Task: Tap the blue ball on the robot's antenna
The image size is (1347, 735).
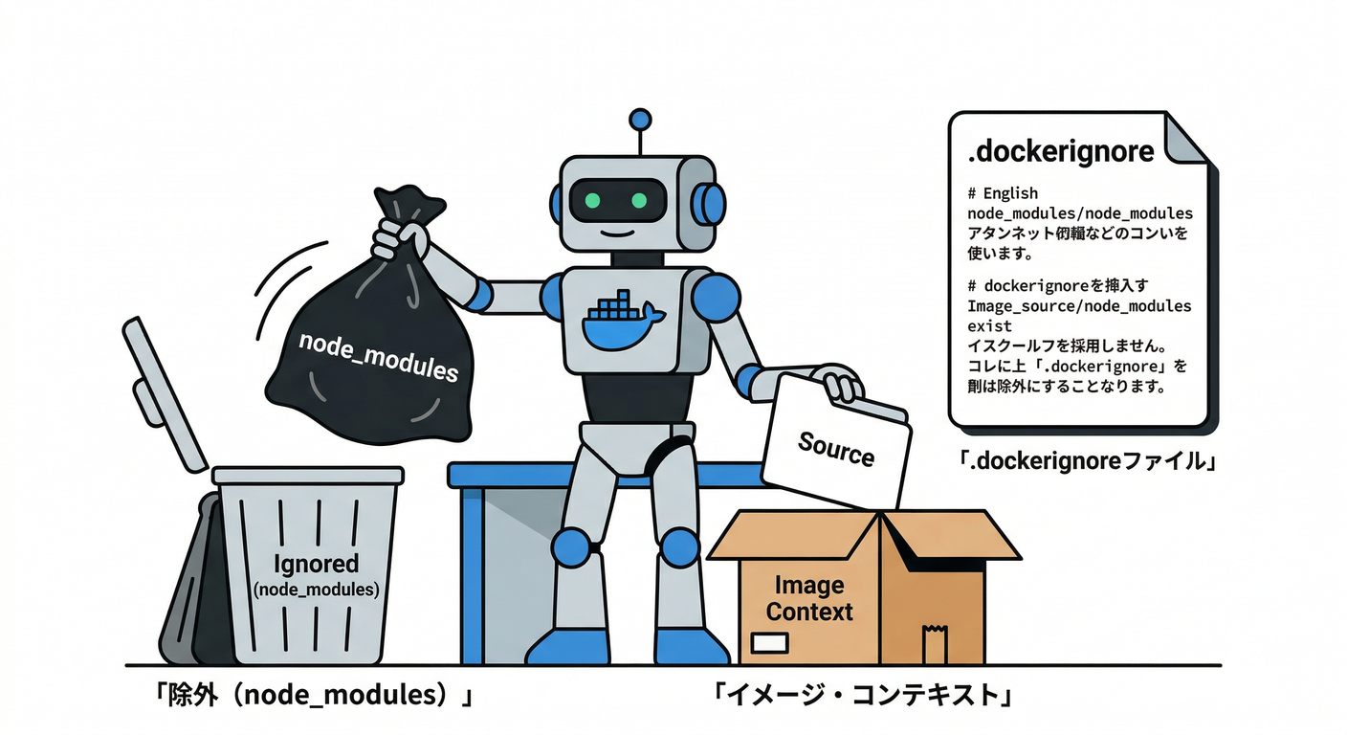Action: [639, 121]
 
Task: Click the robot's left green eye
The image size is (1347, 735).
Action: [592, 201]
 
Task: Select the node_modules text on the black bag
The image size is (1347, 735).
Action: [378, 357]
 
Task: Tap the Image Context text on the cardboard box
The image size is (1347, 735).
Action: [808, 598]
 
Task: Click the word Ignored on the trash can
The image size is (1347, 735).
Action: [316, 564]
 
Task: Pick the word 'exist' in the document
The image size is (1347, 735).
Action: [989, 325]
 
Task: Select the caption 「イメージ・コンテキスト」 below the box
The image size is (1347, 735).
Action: [862, 694]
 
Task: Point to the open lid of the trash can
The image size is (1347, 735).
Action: [164, 392]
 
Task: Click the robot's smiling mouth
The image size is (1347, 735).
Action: [617, 232]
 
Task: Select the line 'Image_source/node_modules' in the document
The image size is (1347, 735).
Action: [1079, 306]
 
